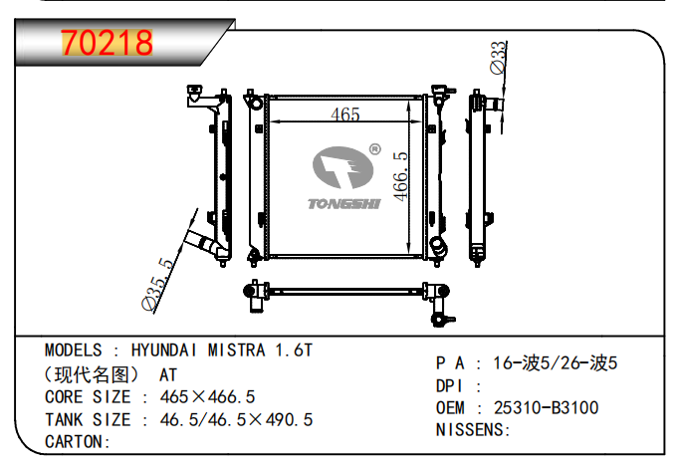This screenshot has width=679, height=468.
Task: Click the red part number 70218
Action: click(x=107, y=43)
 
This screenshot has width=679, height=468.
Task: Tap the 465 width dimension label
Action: click(x=345, y=115)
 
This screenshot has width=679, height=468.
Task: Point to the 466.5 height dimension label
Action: click(x=400, y=176)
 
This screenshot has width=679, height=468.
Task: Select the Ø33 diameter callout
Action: click(x=498, y=58)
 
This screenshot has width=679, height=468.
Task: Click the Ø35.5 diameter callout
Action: click(x=157, y=284)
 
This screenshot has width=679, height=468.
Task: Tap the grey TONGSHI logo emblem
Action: click(x=342, y=167)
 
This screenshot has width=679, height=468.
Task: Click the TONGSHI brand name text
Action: click(x=344, y=204)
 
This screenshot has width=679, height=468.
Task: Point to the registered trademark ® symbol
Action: click(x=374, y=149)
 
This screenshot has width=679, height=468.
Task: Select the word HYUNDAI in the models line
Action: click(x=163, y=351)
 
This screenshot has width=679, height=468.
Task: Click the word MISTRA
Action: click(x=236, y=351)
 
